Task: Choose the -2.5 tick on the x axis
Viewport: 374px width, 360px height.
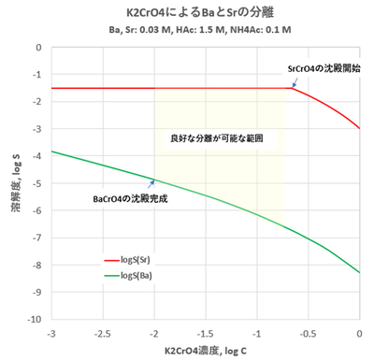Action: click(x=103, y=332)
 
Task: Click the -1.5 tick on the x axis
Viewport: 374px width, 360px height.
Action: click(x=206, y=332)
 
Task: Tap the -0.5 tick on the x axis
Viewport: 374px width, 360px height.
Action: click(x=309, y=332)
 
